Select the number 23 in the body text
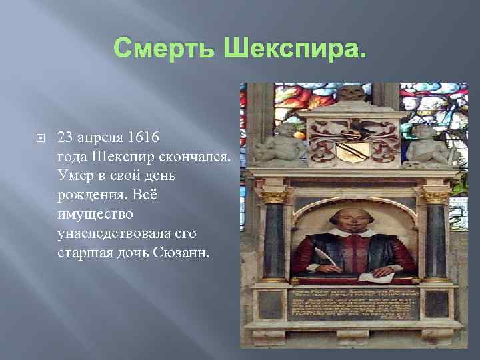[65, 137]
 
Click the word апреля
[101, 138]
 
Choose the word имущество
[95, 214]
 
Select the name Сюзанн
[181, 253]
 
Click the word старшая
[83, 253]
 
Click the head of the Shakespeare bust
[350, 220]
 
